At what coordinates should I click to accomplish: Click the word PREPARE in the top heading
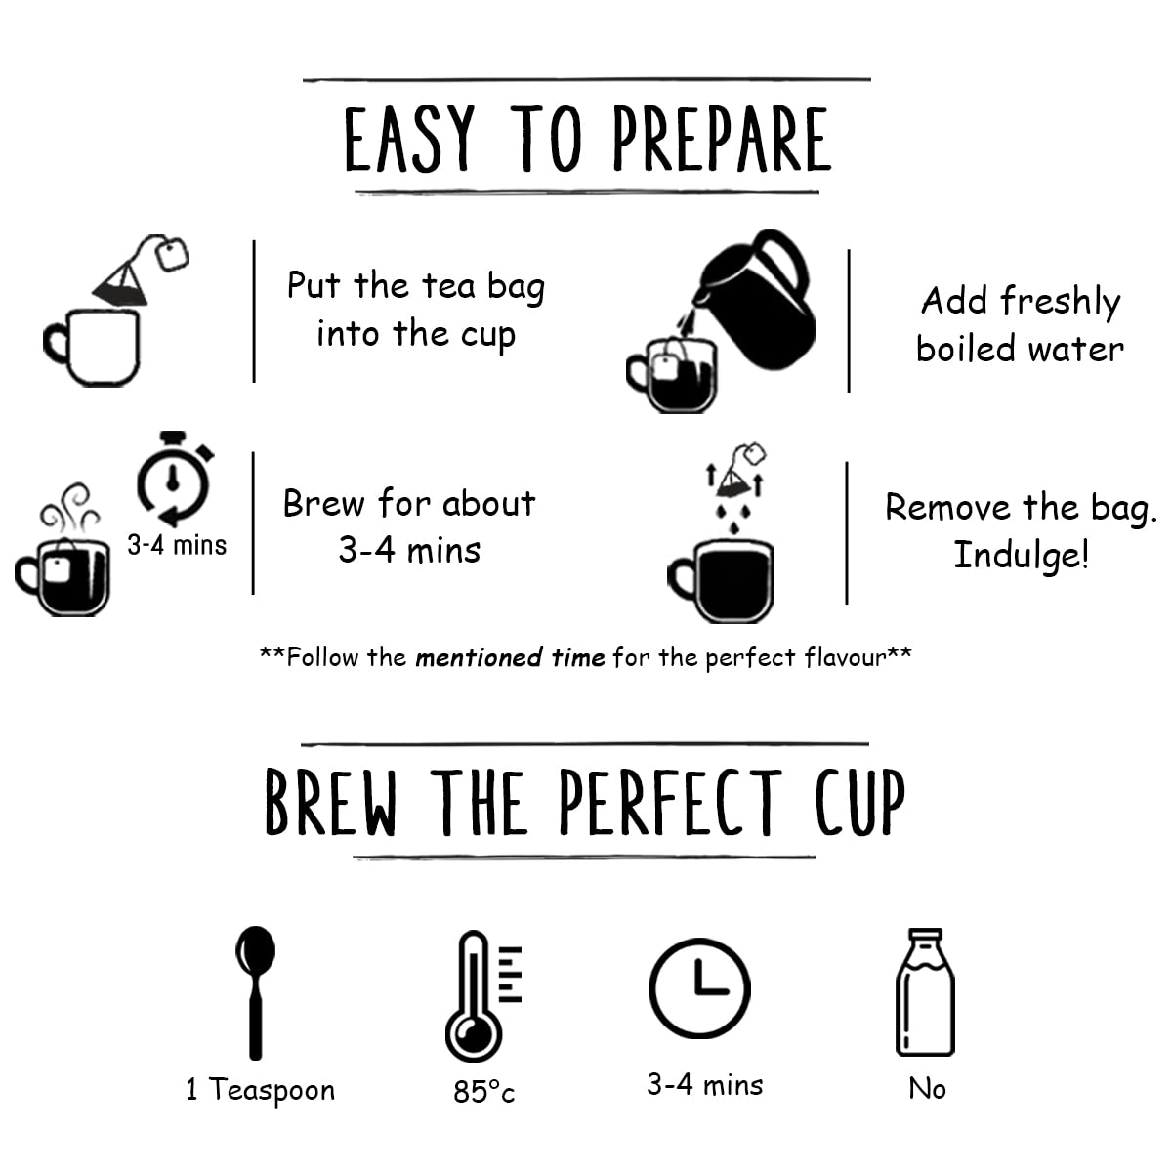tap(722, 139)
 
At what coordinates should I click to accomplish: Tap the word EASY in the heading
tap(408, 139)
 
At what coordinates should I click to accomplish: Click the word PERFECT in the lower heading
tap(670, 802)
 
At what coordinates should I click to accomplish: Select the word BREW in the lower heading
tap(331, 802)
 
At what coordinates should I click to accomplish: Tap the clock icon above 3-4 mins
tap(699, 987)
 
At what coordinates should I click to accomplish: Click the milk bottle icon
tap(925, 992)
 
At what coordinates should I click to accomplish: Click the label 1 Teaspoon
tap(261, 1091)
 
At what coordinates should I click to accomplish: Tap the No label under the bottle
tap(927, 1089)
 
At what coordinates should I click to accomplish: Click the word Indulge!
tap(1021, 556)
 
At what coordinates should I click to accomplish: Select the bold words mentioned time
tap(510, 658)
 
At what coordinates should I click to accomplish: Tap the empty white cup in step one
tap(92, 348)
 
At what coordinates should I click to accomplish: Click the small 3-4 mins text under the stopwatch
tap(177, 546)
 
